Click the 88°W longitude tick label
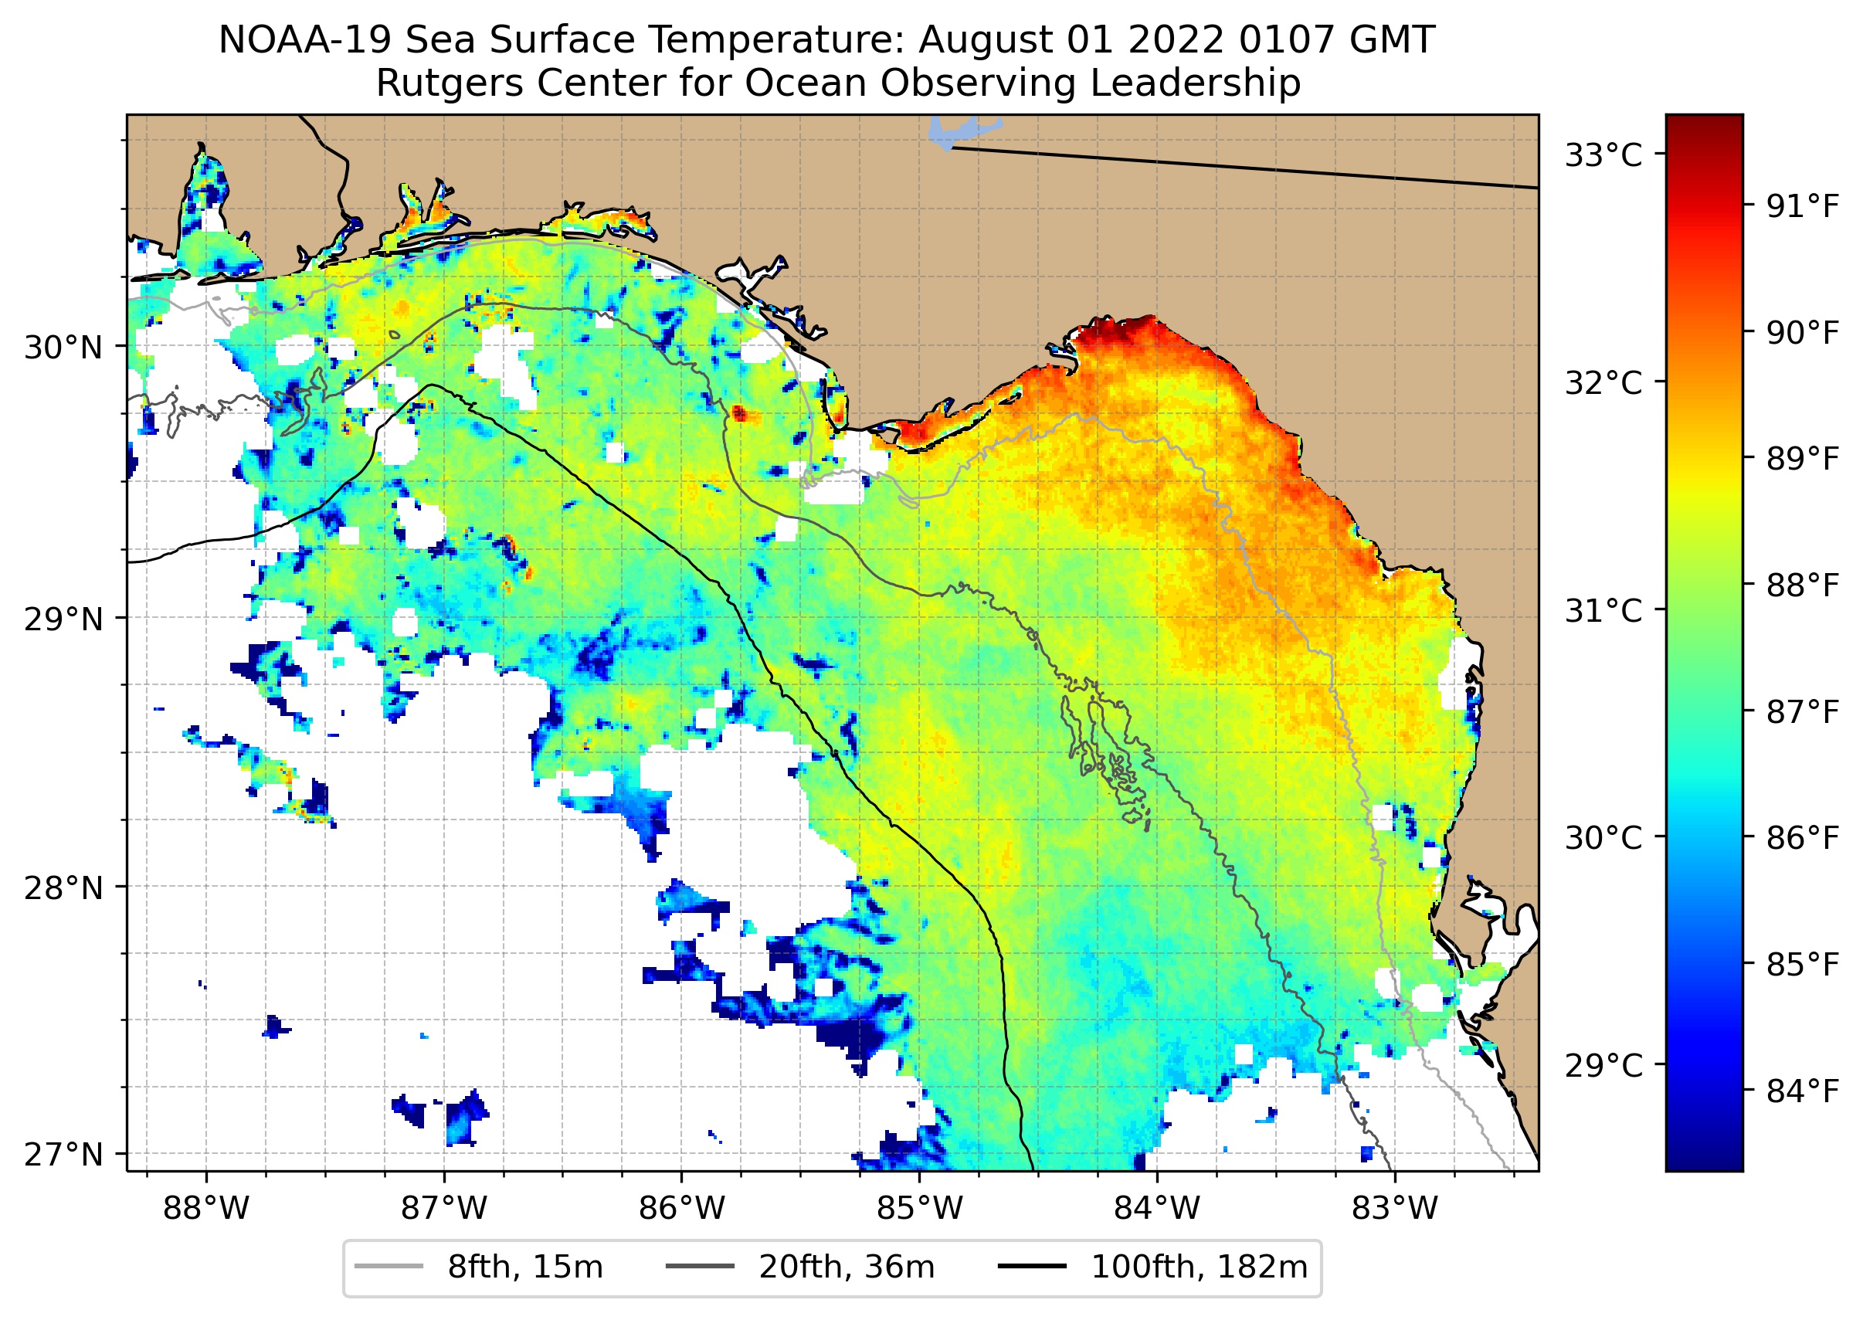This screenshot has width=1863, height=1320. (205, 1209)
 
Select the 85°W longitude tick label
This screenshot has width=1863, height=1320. (919, 1209)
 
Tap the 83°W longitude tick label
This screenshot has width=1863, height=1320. (1395, 1209)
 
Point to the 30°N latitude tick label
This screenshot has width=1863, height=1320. (63, 348)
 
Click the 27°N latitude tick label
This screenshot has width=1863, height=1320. (63, 1154)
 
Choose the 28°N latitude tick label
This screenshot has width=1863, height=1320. (63, 888)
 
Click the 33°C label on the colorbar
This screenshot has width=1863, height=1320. (1603, 154)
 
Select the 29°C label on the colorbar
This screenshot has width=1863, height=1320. (1603, 1064)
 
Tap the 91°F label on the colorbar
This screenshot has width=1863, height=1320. (1803, 206)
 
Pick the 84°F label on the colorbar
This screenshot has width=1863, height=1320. (1803, 1091)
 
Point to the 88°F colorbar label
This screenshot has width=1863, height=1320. (1803, 585)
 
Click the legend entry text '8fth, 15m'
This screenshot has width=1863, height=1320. (525, 1267)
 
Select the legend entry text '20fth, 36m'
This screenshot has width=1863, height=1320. (847, 1267)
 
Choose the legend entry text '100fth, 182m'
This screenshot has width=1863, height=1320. (1199, 1267)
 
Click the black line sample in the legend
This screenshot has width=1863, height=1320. (1032, 1267)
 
